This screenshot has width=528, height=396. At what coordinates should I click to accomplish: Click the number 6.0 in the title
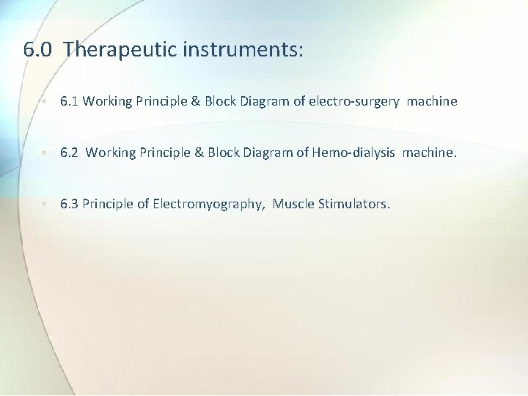[x=38, y=50]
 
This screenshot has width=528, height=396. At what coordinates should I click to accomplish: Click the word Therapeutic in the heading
[x=120, y=50]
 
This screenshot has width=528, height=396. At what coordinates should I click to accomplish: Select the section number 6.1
[x=70, y=101]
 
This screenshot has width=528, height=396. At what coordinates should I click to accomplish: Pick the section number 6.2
[x=70, y=153]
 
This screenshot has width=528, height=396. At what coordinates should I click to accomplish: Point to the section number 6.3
[x=70, y=203]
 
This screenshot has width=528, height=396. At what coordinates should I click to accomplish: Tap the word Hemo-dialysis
[x=351, y=153]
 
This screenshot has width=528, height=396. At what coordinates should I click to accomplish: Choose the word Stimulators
[x=354, y=203]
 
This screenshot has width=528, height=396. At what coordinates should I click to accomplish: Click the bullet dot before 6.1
[x=45, y=102]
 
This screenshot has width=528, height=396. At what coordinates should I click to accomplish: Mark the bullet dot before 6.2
[x=45, y=153]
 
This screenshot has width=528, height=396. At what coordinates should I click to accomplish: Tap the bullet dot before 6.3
[x=45, y=204]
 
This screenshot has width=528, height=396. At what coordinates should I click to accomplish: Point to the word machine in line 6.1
[x=432, y=101]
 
